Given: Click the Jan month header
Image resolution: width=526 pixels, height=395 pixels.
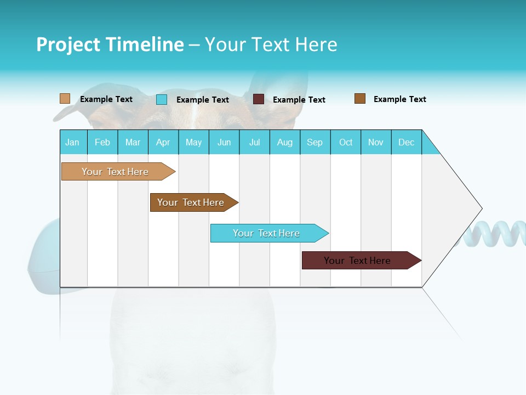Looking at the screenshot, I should pyautogui.click(x=73, y=142).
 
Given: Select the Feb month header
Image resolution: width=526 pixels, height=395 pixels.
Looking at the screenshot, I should pyautogui.click(x=102, y=142).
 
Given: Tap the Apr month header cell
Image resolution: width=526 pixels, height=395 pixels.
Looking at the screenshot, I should pyautogui.click(x=163, y=142).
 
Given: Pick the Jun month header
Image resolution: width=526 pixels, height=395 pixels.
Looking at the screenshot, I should pyautogui.click(x=224, y=142).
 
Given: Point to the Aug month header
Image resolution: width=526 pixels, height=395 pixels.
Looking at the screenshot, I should pyautogui.click(x=285, y=142).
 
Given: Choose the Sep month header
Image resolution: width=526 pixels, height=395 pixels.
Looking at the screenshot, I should pyautogui.click(x=315, y=142).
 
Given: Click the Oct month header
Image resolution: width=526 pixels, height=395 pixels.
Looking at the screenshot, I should pyautogui.click(x=346, y=142).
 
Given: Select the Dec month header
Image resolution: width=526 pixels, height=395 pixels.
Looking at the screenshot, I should pyautogui.click(x=407, y=142).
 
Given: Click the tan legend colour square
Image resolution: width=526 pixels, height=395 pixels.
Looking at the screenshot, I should pyautogui.click(x=65, y=99).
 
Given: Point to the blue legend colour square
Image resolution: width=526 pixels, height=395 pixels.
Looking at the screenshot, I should pyautogui.click(x=162, y=99).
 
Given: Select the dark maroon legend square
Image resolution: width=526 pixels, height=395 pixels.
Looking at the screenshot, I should pyautogui.click(x=259, y=99).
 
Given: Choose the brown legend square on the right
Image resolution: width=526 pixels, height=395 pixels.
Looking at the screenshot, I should pyautogui.click(x=360, y=99).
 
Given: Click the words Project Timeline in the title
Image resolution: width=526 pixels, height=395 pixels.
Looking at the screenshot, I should pyautogui.click(x=110, y=44).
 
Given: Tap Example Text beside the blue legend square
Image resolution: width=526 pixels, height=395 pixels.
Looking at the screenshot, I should pyautogui.click(x=203, y=100).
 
